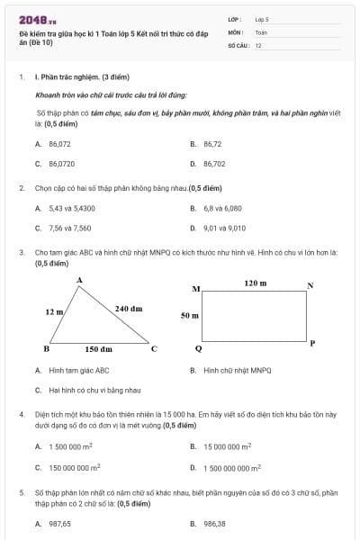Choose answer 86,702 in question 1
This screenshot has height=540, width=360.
214,164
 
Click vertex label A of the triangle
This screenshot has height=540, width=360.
79,281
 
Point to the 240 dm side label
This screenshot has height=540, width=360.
129,308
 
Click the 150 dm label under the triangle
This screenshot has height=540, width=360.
98,348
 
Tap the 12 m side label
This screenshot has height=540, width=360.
54,311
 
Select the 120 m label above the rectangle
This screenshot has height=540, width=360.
256,283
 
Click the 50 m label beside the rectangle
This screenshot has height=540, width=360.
189,316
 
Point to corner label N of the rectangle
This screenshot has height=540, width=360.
310,286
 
